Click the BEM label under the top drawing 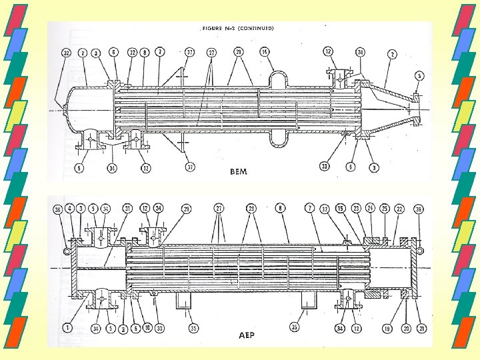(238, 171)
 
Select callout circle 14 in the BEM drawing (264, 51)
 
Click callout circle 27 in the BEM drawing (211, 51)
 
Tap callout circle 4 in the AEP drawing (70, 209)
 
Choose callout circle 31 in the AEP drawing (127, 209)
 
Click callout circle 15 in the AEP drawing (340, 209)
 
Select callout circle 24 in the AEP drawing (370, 209)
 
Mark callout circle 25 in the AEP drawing (385, 209)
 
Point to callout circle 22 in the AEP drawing (399, 209)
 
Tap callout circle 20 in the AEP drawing (403, 328)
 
